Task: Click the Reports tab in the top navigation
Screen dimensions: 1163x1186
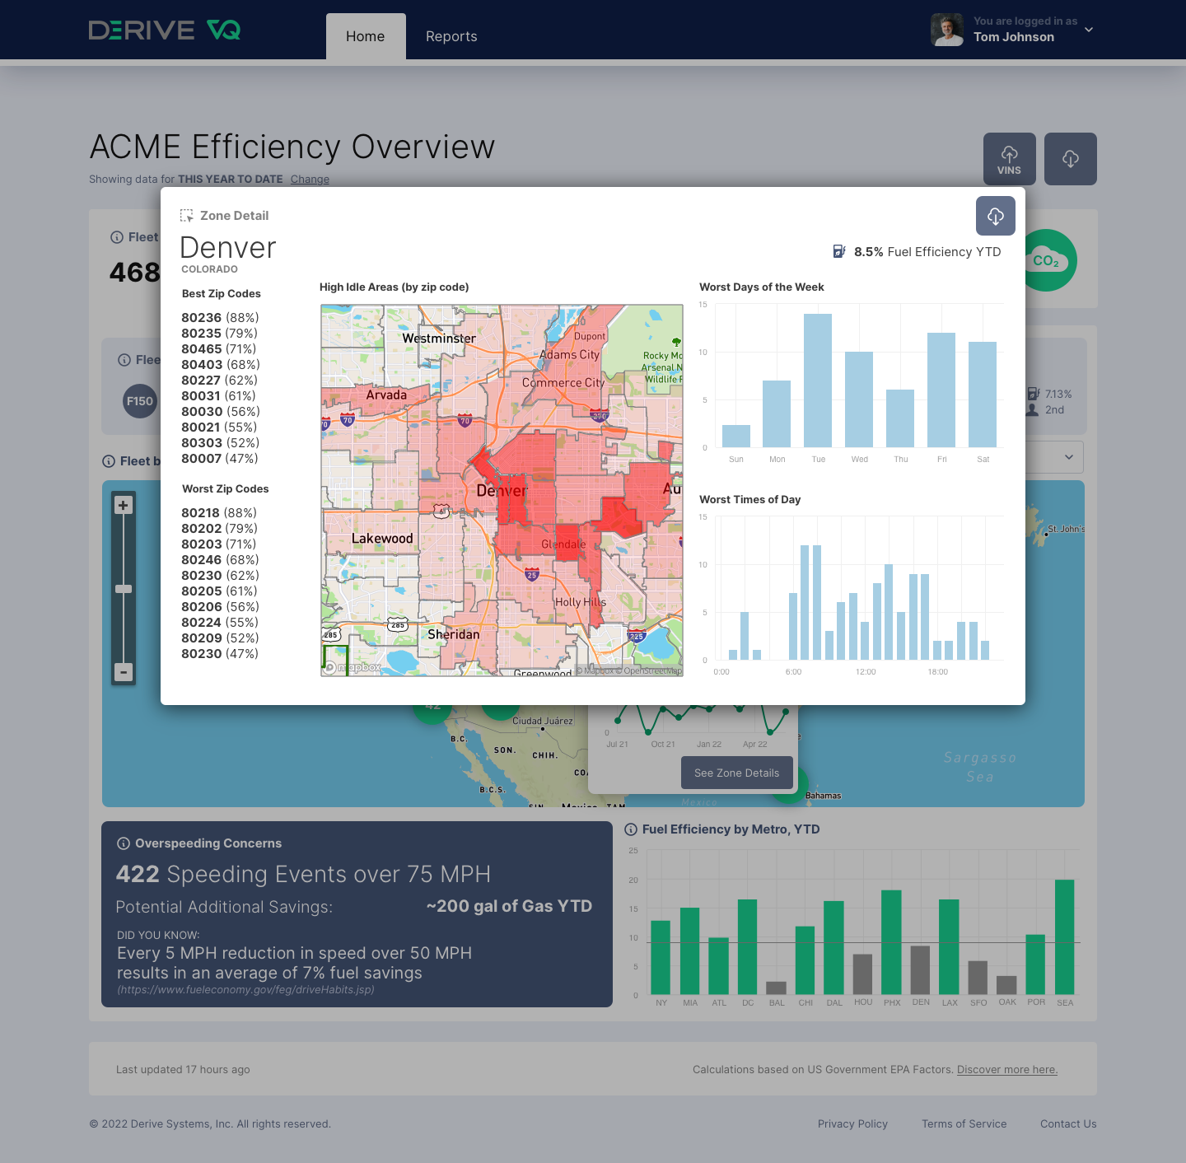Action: (x=451, y=36)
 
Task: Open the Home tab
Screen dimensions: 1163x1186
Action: (x=365, y=36)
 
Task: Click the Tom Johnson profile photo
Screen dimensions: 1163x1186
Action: (x=947, y=30)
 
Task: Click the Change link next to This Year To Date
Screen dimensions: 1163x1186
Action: (x=310, y=180)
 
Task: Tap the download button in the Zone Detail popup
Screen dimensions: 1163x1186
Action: (x=995, y=216)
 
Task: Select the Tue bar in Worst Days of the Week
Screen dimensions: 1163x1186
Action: (x=818, y=381)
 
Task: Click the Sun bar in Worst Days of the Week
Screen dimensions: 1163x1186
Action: (x=736, y=436)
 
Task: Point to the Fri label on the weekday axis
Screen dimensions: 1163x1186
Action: (x=941, y=460)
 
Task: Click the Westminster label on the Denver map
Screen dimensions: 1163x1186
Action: (x=439, y=339)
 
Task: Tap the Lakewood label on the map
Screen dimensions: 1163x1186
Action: (x=382, y=539)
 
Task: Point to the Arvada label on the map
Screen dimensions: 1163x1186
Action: (x=386, y=395)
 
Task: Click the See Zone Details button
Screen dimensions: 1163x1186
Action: (x=736, y=773)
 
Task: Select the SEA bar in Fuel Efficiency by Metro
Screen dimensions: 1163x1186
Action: (x=1064, y=937)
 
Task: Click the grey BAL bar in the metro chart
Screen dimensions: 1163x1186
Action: (x=777, y=988)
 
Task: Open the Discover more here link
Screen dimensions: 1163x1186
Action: (x=1007, y=1070)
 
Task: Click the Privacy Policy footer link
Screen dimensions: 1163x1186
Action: (x=852, y=1124)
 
